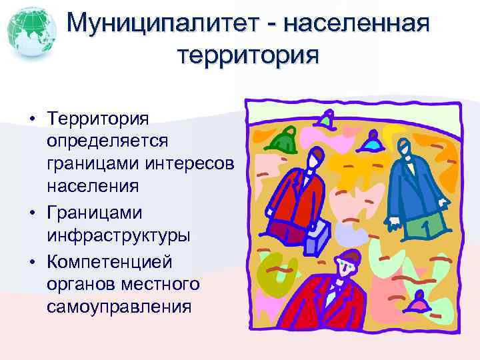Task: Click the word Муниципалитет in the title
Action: pyautogui.click(x=168, y=25)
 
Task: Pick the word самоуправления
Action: pyautogui.click(x=119, y=307)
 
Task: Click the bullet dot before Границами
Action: pyautogui.click(x=32, y=213)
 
